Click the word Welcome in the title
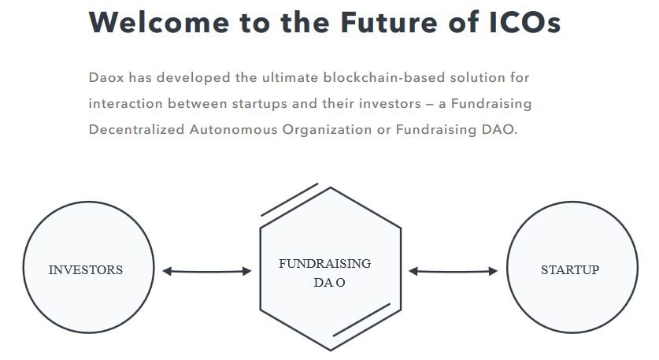159,22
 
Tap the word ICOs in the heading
525,22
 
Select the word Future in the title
389,22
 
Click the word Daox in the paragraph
106,77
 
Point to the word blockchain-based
384,77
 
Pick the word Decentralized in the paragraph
136,129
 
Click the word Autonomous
234,129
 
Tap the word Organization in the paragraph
327,129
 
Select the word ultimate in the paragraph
291,77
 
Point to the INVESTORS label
86,269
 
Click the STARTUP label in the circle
570,269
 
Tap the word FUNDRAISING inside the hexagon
325,263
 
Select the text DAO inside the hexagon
329,282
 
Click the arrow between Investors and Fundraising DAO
207,271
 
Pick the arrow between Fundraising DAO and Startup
453,271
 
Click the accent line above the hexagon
290,200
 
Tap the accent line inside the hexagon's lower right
362,320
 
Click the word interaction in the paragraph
126,103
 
